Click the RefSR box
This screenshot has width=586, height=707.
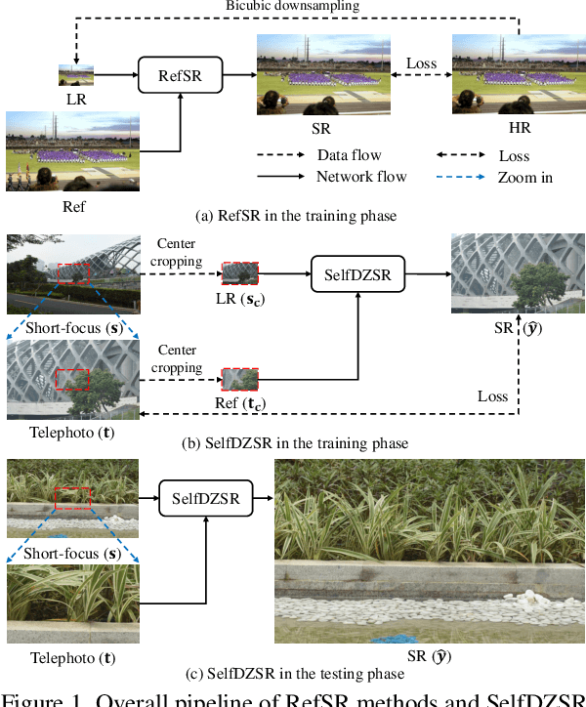[x=181, y=73]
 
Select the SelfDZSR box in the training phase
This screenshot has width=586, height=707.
[x=357, y=275]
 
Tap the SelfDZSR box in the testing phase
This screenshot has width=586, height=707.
[x=205, y=498]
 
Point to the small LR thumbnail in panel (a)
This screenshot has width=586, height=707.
[x=76, y=74]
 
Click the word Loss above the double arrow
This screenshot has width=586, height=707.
[x=421, y=63]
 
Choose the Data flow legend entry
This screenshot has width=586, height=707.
[x=349, y=155]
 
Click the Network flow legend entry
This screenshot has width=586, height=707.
[x=361, y=177]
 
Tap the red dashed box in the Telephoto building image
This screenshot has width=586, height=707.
[x=72, y=379]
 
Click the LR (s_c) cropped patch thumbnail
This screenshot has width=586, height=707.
[x=240, y=272]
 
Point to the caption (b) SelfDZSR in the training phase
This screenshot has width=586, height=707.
[x=294, y=443]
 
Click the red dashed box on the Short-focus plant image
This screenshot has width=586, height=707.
[x=72, y=498]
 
